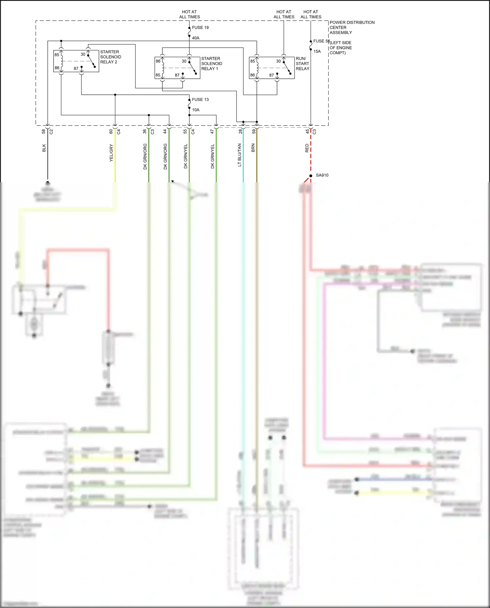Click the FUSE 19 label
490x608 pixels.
tap(200, 27)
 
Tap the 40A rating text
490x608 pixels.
tap(196, 38)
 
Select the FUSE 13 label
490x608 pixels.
tap(200, 99)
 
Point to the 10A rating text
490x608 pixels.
tap(196, 110)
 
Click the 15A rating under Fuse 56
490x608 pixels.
tap(317, 51)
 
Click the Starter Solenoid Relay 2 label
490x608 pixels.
tap(110, 57)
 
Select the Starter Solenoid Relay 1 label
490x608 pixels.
tap(211, 63)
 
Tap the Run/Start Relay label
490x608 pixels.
tap(302, 63)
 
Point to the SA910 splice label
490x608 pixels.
tap(322, 175)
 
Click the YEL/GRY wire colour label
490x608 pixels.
tap(111, 153)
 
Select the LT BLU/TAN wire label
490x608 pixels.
tap(239, 155)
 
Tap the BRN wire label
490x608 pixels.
tap(253, 148)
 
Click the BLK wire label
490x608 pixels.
tap(44, 148)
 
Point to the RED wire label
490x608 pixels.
tap(307, 148)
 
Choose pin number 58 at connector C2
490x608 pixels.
tap(43, 131)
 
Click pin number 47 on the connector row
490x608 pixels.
tap(212, 131)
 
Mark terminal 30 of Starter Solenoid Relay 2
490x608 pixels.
tap(83, 54)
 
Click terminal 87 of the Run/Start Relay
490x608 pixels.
tap(271, 75)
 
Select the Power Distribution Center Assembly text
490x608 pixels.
tap(351, 27)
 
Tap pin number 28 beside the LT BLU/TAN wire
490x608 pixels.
tap(240, 131)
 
